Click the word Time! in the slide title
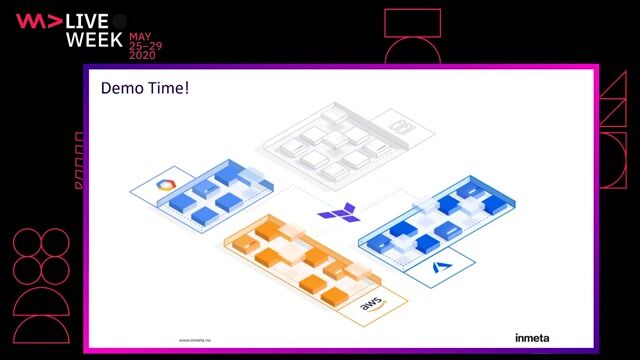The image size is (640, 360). coord(168,88)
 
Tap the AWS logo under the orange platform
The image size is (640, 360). coord(371,307)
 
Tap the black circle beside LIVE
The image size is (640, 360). coord(119,21)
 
